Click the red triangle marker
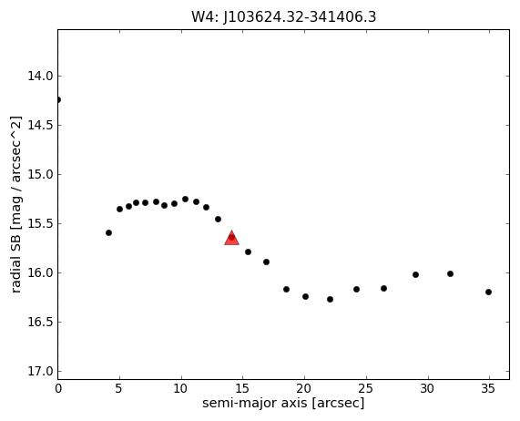(232, 238)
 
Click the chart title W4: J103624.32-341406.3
(284, 17)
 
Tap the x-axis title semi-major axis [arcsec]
(283, 403)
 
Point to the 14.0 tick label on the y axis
(40, 77)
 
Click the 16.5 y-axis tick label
(40, 323)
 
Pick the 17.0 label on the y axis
(40, 371)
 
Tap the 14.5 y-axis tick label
(40, 126)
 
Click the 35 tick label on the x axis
(488, 388)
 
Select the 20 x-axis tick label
(304, 388)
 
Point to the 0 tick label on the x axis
(58, 388)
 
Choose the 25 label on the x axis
(366, 388)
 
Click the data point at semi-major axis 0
(58, 100)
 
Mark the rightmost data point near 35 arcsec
(488, 293)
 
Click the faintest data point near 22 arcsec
(330, 300)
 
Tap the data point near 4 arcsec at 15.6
(108, 233)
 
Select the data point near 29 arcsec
(415, 274)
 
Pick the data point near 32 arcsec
(451, 274)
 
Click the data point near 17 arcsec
(266, 262)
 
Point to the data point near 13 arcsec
(218, 220)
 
